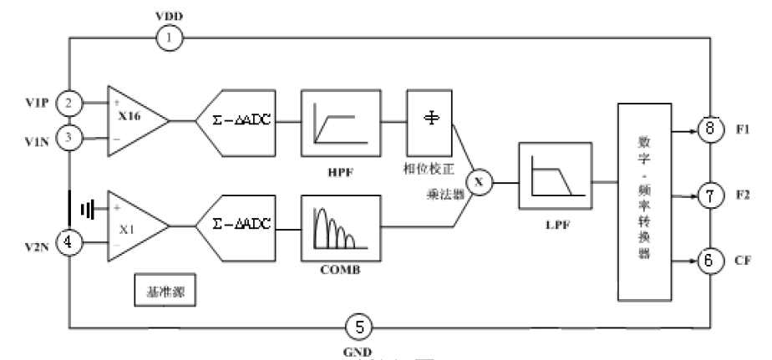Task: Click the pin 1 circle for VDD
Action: [169, 37]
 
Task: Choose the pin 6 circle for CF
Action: [708, 261]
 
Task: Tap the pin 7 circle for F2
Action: [708, 196]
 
